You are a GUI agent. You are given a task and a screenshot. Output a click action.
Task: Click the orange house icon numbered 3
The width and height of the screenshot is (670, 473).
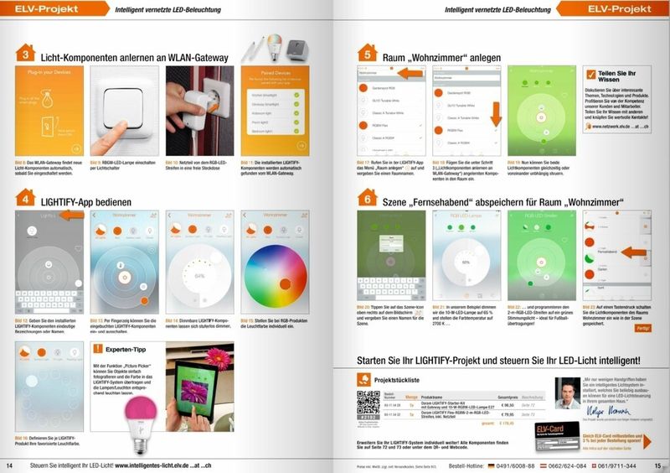coord(26,54)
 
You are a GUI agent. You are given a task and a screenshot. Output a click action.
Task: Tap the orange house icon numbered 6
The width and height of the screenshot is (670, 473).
coord(366,199)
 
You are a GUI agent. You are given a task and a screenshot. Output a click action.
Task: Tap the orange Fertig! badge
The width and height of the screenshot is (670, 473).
coord(643,329)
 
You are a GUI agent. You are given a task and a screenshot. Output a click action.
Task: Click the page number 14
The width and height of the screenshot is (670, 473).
coord(11,465)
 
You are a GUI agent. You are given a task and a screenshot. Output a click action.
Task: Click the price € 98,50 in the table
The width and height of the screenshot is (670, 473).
coord(505,403)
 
